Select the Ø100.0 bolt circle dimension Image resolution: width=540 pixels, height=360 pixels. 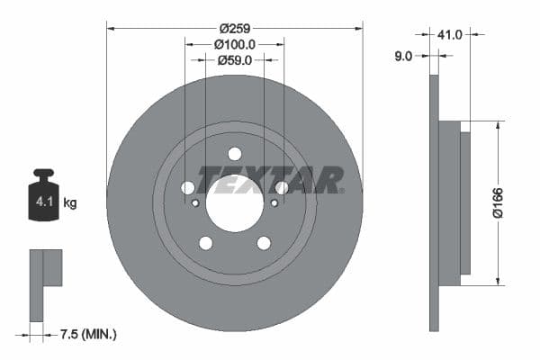click(234, 43)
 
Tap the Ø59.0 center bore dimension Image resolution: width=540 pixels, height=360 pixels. click(234, 60)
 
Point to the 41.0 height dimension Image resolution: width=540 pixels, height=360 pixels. click(450, 34)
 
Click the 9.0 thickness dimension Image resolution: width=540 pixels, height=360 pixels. click(403, 56)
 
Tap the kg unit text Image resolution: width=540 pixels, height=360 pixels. click(71, 202)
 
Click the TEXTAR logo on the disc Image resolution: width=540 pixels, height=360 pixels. click(271, 180)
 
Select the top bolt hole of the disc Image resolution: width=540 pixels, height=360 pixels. click(235, 154)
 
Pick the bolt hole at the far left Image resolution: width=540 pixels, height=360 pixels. click(188, 187)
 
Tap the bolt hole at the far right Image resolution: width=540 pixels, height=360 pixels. click(282, 187)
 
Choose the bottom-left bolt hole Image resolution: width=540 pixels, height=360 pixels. click(206, 243)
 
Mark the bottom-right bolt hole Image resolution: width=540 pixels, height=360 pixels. click(264, 243)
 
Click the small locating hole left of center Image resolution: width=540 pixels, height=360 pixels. click(195, 203)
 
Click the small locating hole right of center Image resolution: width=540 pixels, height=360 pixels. click(274, 203)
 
